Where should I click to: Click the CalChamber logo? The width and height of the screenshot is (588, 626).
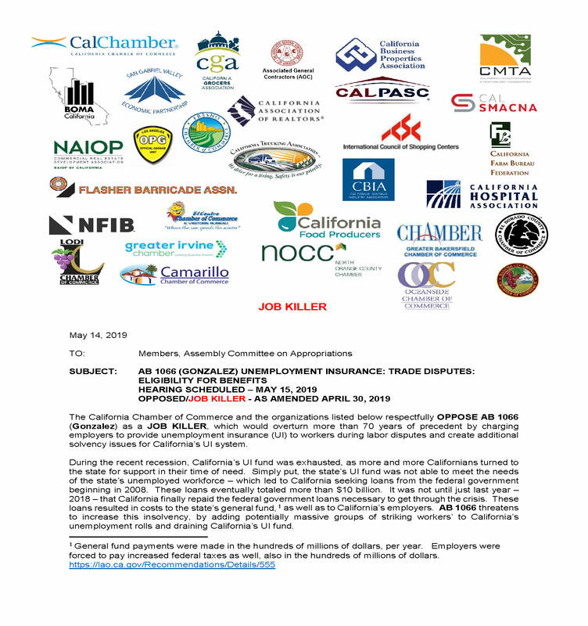(105, 45)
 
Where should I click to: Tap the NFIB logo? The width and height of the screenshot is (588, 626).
(91, 225)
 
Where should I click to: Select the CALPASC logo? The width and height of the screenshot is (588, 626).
(382, 92)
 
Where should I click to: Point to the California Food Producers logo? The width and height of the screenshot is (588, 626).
(328, 219)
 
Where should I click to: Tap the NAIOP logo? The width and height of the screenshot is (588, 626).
(88, 151)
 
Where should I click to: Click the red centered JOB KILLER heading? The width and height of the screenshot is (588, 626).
(292, 307)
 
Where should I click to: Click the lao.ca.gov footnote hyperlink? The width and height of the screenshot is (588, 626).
(172, 564)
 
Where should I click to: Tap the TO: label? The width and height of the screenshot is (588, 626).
(77, 354)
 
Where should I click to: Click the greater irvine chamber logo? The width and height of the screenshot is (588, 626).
(176, 249)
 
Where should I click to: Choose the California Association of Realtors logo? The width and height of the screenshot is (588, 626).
(278, 111)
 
